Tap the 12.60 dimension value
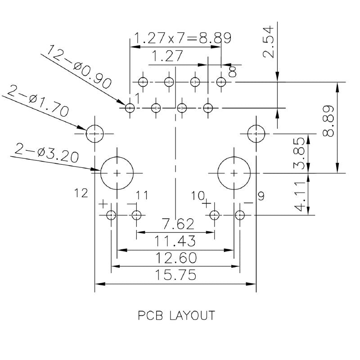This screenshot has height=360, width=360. pos(175,258)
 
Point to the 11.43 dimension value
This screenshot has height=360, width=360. pos(175,241)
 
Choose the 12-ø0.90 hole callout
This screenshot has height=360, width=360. pos(79,67)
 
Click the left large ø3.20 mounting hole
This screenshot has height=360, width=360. pos(117,173)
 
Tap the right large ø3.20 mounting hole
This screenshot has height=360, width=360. pos(234,173)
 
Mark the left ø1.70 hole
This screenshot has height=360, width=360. pos(95,133)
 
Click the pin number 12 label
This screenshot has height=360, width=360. pos(81,193)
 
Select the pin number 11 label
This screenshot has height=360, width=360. pos(142,195)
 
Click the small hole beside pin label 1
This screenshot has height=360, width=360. pos(130,108)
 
